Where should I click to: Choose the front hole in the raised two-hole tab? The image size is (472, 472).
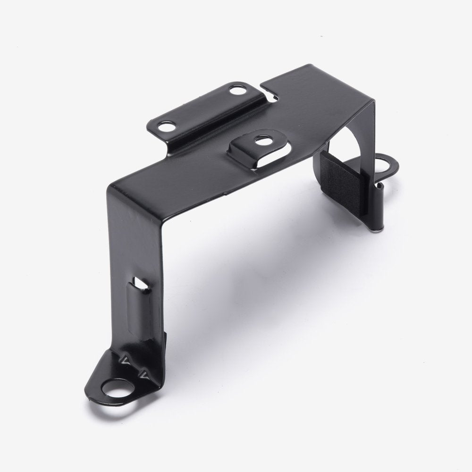[166, 126]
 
